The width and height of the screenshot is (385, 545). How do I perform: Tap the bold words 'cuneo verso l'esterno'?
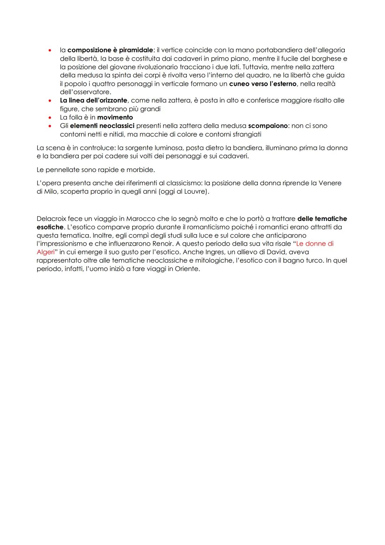[x=263, y=84]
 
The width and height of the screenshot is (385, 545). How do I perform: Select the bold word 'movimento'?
[x=115, y=117]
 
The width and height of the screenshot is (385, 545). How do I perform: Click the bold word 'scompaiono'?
[x=268, y=126]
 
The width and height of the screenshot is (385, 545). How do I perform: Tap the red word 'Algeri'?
[x=45, y=252]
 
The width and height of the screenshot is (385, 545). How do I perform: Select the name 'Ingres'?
[x=215, y=252]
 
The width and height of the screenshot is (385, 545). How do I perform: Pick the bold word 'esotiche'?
[x=50, y=227]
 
